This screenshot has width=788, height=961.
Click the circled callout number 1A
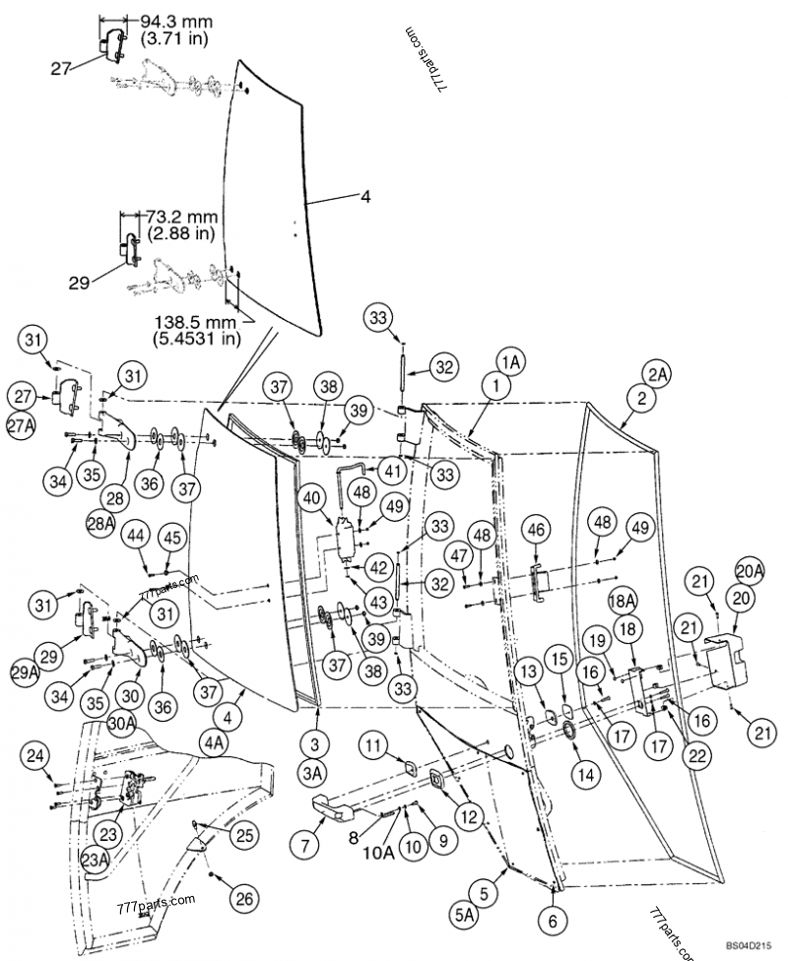click(x=510, y=362)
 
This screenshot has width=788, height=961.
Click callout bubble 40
click(x=315, y=498)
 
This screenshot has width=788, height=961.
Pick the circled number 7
click(x=302, y=843)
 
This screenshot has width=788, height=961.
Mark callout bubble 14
click(x=585, y=775)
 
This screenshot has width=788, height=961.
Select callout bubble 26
click(x=242, y=897)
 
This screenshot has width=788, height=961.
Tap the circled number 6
click(x=552, y=922)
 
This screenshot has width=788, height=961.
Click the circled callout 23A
click(x=95, y=856)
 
